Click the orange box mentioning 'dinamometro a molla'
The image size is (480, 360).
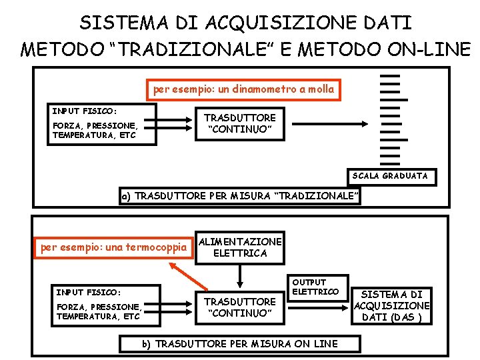[x=243, y=89]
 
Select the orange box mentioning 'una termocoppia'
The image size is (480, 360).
[x=114, y=247]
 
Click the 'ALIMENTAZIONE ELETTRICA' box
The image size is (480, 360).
[x=240, y=247]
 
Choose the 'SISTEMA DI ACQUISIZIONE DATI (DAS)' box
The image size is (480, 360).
[x=392, y=305]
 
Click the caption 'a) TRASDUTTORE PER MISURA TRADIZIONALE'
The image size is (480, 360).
[x=240, y=197]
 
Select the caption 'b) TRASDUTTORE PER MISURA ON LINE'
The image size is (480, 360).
[x=240, y=343]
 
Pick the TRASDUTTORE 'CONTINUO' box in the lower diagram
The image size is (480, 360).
[x=240, y=307]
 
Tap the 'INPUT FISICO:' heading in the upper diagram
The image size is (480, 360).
[x=85, y=111]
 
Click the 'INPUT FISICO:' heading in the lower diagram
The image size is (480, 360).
[x=89, y=292]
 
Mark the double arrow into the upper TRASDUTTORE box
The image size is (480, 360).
[x=174, y=123]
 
